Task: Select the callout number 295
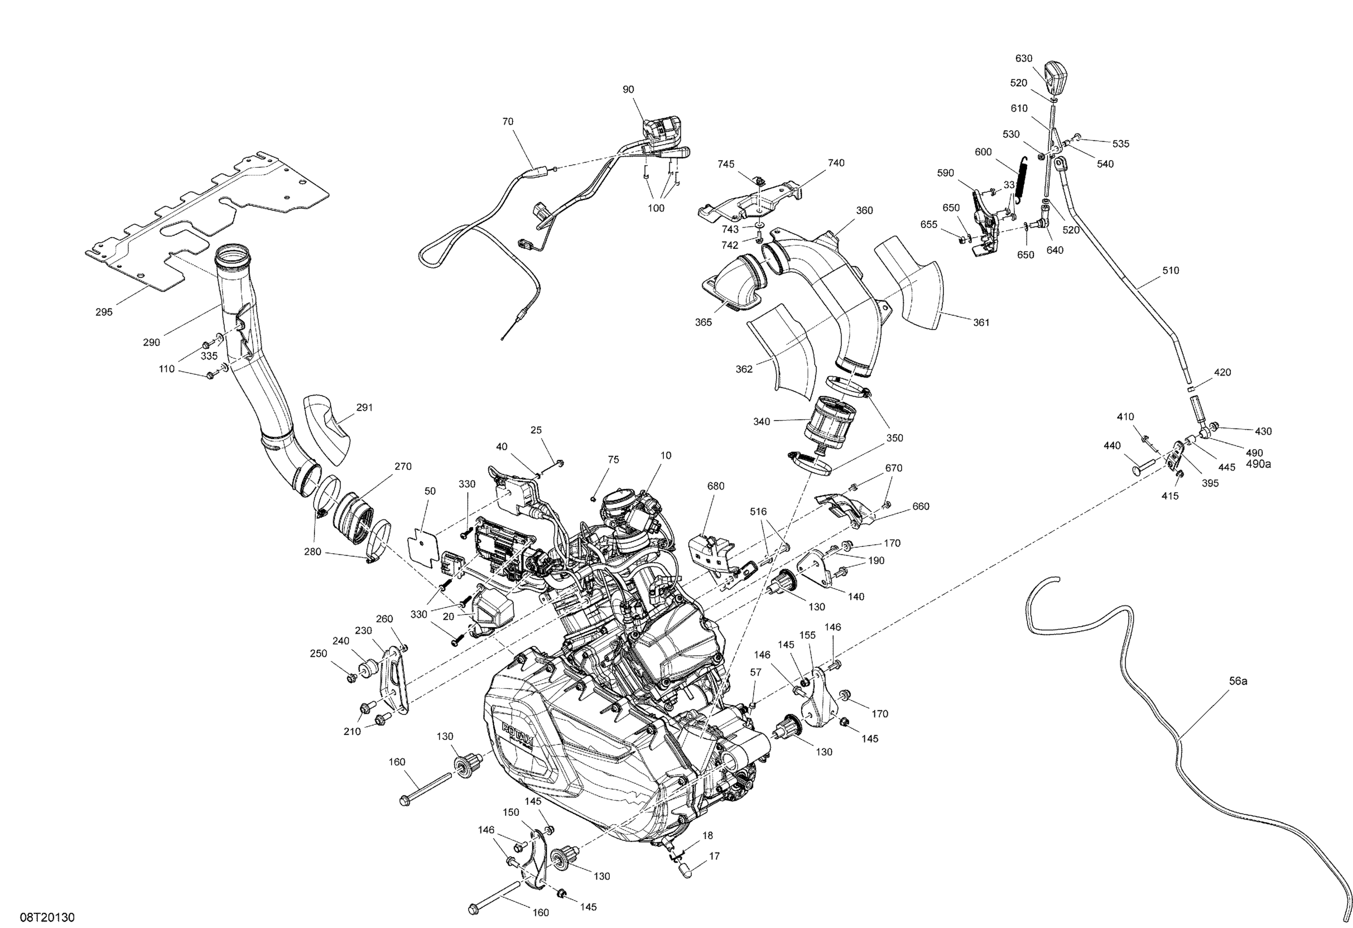[x=104, y=312]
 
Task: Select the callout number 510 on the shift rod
[x=1170, y=270]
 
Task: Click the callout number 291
[x=364, y=408]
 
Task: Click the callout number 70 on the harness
[x=508, y=122]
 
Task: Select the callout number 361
[x=981, y=322]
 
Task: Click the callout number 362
[x=744, y=368]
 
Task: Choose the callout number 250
[x=318, y=653]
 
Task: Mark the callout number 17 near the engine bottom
[x=714, y=856]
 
